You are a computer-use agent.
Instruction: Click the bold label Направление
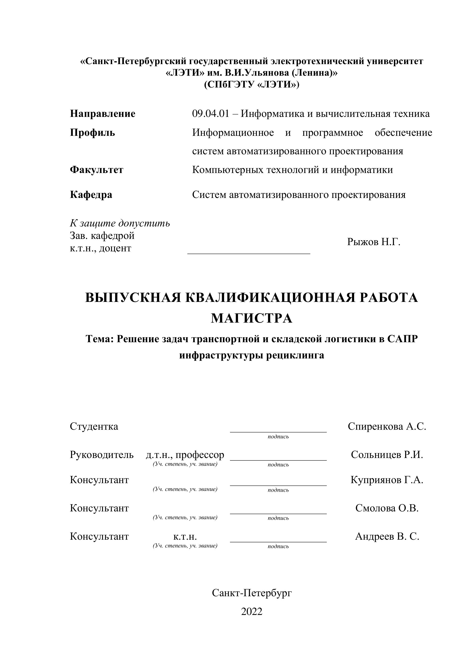pyautogui.click(x=103, y=114)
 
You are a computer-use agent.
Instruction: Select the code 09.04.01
pyautogui.click(x=210, y=114)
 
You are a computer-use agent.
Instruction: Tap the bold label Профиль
pyautogui.click(x=92, y=132)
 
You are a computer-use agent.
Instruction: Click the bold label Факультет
pyautogui.click(x=97, y=170)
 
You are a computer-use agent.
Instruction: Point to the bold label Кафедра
pyautogui.click(x=91, y=195)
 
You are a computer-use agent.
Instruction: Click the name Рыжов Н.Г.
pyautogui.click(x=374, y=242)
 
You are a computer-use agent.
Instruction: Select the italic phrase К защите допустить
pyautogui.click(x=120, y=224)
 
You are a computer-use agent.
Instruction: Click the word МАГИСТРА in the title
pyautogui.click(x=252, y=318)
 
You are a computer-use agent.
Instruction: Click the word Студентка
pyautogui.click(x=94, y=426)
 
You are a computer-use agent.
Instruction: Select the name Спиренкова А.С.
pyautogui.click(x=387, y=426)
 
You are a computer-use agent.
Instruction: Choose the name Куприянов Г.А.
pyautogui.click(x=387, y=480)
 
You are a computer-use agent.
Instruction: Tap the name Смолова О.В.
pyautogui.click(x=387, y=508)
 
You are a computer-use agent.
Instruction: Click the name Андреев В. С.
pyautogui.click(x=387, y=536)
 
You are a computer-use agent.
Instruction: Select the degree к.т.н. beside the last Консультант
pyautogui.click(x=185, y=536)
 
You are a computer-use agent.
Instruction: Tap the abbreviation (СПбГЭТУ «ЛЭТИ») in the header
pyautogui.click(x=252, y=85)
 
